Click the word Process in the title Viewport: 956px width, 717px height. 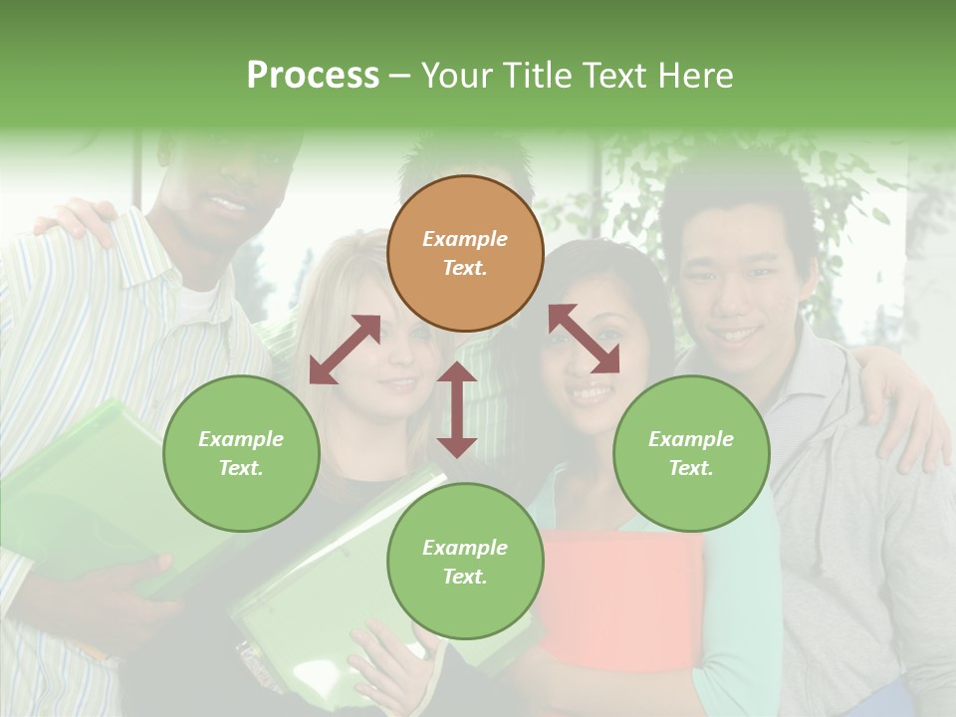pyautogui.click(x=313, y=76)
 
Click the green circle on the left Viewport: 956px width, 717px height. pyautogui.click(x=241, y=453)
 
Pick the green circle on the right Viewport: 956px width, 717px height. pyautogui.click(x=691, y=453)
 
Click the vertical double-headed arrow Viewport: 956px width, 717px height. pyautogui.click(x=457, y=409)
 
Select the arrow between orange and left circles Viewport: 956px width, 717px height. pyautogui.click(x=345, y=349)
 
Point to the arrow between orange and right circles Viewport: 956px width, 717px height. pyautogui.click(x=584, y=339)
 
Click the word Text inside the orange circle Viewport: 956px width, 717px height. pyautogui.click(x=464, y=268)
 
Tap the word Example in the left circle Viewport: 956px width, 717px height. pyautogui.click(x=241, y=439)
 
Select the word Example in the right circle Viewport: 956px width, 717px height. pyautogui.click(x=691, y=439)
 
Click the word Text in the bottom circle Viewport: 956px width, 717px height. pyautogui.click(x=464, y=577)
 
